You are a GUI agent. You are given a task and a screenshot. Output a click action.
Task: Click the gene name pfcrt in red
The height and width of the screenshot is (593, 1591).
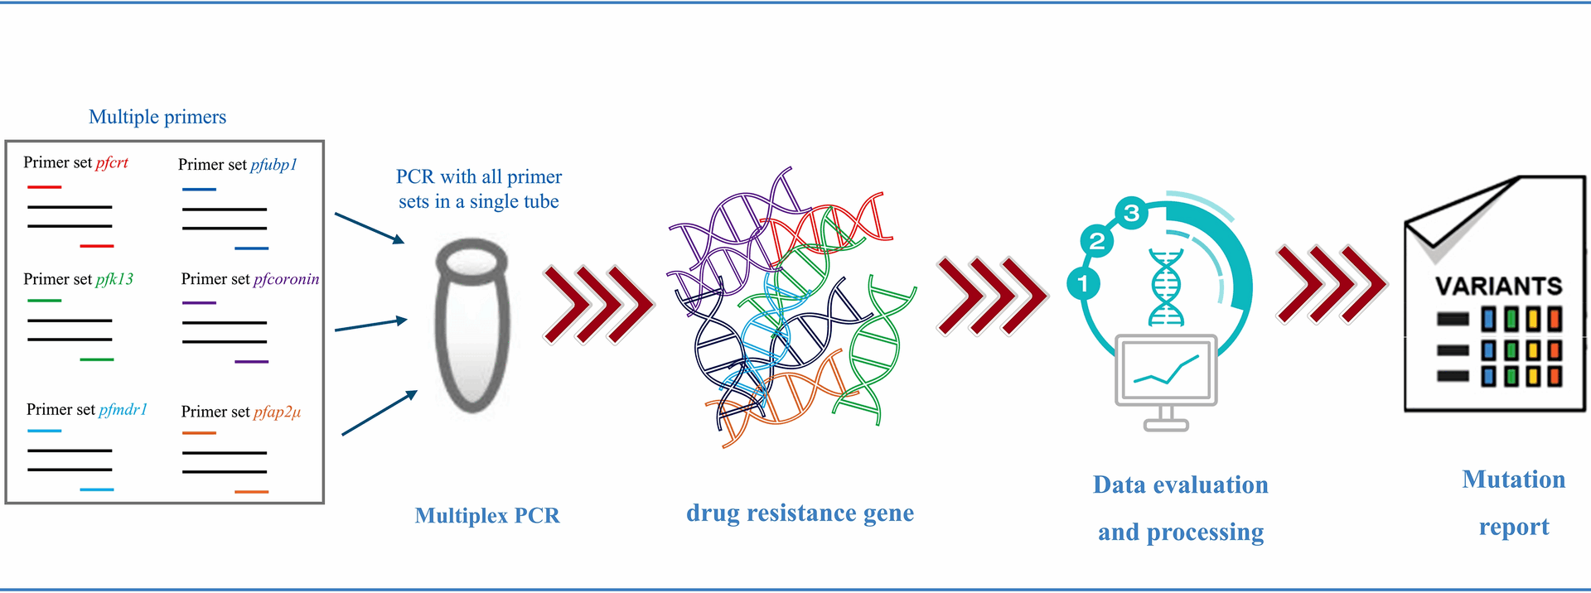point(112,162)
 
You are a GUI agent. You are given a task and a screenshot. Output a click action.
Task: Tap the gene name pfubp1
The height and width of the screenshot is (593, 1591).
point(273,165)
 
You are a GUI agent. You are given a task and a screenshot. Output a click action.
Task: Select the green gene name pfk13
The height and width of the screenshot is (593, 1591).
point(114,279)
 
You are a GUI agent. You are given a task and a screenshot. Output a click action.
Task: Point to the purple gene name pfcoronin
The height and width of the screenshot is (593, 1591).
point(286,279)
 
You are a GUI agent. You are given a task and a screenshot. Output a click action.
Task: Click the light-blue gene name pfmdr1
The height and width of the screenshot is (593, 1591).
point(123,409)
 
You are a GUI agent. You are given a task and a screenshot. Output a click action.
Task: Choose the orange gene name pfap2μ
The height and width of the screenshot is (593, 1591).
point(277,412)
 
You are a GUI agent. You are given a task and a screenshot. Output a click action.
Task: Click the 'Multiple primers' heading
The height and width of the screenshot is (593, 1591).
point(157,117)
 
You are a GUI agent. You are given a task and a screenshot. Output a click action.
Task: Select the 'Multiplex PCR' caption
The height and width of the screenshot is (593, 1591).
point(487,515)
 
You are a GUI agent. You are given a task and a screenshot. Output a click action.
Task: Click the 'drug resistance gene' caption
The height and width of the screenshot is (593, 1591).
point(800,513)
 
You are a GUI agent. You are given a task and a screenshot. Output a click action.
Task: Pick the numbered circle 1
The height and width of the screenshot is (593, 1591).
point(1083,283)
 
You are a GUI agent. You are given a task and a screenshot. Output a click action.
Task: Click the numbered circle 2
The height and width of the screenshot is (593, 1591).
point(1097,241)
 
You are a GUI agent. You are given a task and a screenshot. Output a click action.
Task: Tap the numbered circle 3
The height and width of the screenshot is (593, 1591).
point(1132,214)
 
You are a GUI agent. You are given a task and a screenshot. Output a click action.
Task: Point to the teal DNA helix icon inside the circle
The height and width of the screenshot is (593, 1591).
point(1166,287)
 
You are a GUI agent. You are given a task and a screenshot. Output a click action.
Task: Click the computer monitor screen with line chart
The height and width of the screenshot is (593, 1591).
point(1166,369)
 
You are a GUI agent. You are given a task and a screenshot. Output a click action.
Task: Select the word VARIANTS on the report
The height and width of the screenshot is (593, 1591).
point(1498,287)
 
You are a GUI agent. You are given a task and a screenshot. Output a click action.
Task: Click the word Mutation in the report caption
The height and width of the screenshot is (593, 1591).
point(1513,480)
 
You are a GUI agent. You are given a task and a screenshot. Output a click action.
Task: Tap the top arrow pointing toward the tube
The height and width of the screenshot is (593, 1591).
point(370,228)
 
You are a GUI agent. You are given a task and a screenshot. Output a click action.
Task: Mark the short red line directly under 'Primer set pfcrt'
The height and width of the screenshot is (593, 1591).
point(45,187)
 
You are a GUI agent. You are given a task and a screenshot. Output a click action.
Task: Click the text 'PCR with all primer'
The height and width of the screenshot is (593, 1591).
point(479,176)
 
